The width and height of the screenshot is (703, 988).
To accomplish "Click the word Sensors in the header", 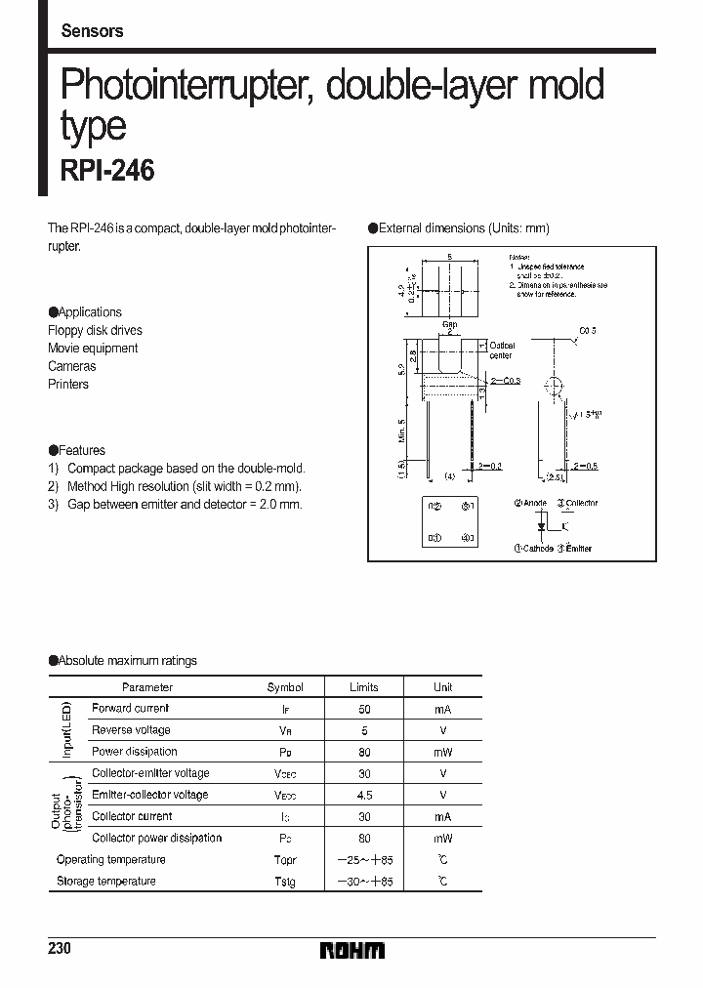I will click(92, 30).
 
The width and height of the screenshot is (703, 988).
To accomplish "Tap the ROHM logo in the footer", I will click(351, 950).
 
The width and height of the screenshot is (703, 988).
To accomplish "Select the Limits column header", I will click(363, 687).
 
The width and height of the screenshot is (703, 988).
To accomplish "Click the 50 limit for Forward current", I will click(363, 709).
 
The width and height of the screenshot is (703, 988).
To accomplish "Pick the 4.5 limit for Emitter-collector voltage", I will click(363, 795).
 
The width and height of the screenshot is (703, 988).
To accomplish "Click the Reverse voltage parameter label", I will click(131, 730).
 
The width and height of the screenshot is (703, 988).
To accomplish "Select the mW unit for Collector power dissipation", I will click(443, 839).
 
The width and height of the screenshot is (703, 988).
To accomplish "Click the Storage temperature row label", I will click(106, 882).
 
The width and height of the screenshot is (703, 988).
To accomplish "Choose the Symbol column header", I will click(285, 687).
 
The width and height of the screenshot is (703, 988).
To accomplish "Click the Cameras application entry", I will click(72, 366).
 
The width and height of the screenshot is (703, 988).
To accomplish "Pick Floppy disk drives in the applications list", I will click(95, 330).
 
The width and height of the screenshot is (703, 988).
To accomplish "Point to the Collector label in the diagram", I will click(582, 504).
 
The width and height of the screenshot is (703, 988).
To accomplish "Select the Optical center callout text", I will click(502, 350).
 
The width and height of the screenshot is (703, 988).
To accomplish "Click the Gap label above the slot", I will click(450, 323).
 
